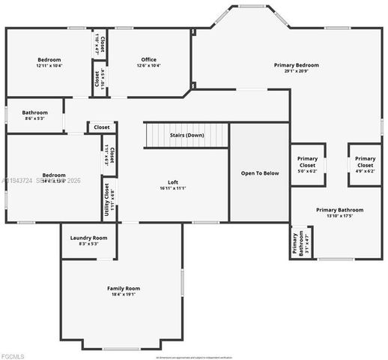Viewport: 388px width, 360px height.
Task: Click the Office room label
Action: pyautogui.click(x=148, y=59)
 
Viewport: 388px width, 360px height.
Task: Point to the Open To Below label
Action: pyautogui.click(x=259, y=173)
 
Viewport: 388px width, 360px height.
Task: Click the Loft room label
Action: pyautogui.click(x=172, y=182)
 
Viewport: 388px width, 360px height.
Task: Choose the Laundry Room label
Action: pyautogui.click(x=88, y=238)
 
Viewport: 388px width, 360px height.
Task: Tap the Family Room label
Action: pyautogui.click(x=124, y=288)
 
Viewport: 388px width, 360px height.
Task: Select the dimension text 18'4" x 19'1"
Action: pyautogui.click(x=124, y=294)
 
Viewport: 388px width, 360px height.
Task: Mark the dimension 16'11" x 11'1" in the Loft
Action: pyautogui.click(x=172, y=188)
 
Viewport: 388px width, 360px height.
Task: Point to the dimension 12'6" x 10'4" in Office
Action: pyautogui.click(x=148, y=65)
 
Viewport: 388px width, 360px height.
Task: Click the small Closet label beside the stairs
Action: pyautogui.click(x=101, y=127)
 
